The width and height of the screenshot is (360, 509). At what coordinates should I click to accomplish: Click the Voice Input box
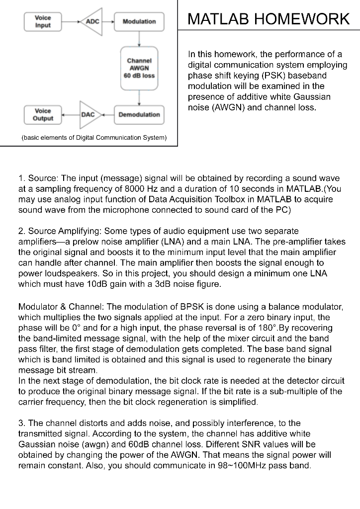(x=43, y=21)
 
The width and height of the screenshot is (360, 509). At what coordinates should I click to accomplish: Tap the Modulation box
(x=139, y=21)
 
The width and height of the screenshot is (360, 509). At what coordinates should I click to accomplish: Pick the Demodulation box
(x=139, y=115)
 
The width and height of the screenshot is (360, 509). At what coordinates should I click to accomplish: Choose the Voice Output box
(x=43, y=115)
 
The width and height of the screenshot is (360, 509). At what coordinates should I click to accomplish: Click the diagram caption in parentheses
(x=93, y=137)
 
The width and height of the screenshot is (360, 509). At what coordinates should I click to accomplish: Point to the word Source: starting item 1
(x=43, y=178)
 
